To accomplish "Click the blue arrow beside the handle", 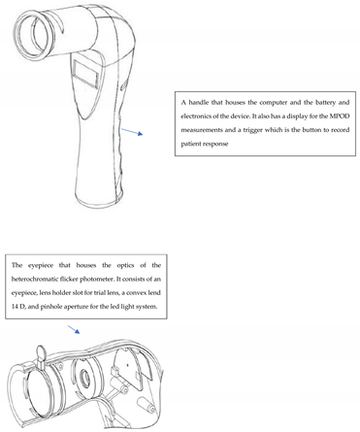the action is [x=132, y=132].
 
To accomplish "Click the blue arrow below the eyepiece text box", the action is [x=74, y=329].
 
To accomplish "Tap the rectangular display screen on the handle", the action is [x=86, y=73].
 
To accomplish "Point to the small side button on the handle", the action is [x=123, y=86].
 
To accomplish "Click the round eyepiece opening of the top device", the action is [x=32, y=35].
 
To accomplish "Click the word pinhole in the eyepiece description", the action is [x=50, y=307].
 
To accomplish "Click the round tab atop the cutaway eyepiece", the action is [x=41, y=351].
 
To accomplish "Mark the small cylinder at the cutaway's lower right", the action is [x=147, y=406].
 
